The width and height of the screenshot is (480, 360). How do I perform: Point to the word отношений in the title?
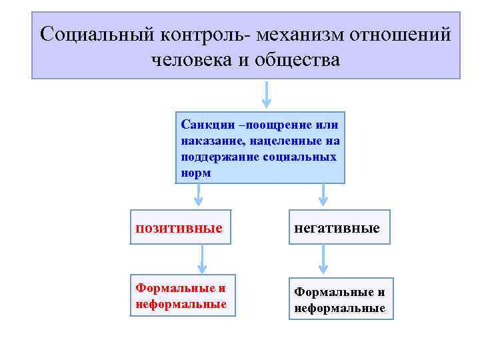coord(407,34)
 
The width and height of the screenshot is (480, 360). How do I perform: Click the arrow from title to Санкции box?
coord(267,94)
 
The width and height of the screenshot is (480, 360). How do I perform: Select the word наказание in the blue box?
coord(211,141)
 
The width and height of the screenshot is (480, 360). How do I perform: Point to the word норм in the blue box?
coord(195,173)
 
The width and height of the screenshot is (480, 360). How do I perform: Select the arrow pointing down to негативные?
coord(323,194)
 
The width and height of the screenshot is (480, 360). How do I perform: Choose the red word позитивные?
coord(179,228)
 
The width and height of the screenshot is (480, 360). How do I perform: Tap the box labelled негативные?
coord(338,228)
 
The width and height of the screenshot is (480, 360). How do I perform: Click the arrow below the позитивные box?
coord(201,259)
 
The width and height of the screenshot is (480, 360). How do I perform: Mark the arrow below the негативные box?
coord(323,259)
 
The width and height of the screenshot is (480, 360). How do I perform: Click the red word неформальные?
coord(181,304)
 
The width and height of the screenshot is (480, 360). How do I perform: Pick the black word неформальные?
coord(340,309)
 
